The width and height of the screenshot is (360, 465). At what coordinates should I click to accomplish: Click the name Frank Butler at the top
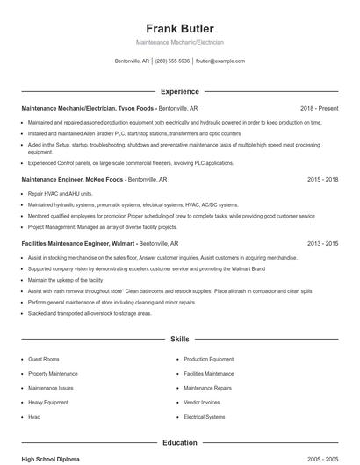(x=179, y=28)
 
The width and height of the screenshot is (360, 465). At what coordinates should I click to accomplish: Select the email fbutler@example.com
(x=220, y=61)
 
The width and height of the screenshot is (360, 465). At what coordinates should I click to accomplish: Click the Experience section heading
(x=179, y=91)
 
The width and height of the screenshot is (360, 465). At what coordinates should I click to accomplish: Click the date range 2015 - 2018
(x=322, y=178)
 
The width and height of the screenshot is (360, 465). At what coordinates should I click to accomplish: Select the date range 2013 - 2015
(x=322, y=243)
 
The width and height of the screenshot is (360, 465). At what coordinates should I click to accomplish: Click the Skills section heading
(x=179, y=338)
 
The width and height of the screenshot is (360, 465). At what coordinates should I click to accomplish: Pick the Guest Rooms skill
(x=44, y=359)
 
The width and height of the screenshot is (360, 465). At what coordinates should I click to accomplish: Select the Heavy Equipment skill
(x=48, y=402)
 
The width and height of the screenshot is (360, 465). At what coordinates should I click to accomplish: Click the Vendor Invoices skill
(x=202, y=402)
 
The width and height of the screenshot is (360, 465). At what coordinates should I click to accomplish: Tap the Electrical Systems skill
(x=205, y=417)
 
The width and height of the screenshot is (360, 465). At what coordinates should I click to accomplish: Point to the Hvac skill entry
(x=34, y=417)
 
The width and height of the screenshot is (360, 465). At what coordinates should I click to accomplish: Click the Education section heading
(x=179, y=443)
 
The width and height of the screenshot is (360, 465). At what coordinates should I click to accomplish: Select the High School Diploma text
(x=51, y=459)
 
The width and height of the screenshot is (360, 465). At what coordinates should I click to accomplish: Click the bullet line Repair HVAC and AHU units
(x=60, y=193)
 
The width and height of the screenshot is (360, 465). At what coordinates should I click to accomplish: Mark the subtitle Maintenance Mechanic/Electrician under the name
(x=179, y=42)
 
